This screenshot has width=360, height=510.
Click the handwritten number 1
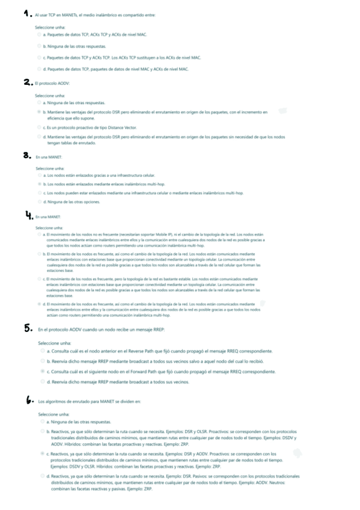point(26,13)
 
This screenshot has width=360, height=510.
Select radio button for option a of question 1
point(39,35)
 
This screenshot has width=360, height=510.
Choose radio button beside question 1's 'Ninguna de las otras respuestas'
point(39,46)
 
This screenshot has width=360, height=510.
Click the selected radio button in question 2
point(39,112)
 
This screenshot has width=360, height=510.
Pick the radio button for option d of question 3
point(39,202)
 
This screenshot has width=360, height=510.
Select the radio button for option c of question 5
point(42,372)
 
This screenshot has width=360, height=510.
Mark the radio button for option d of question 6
point(42,476)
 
